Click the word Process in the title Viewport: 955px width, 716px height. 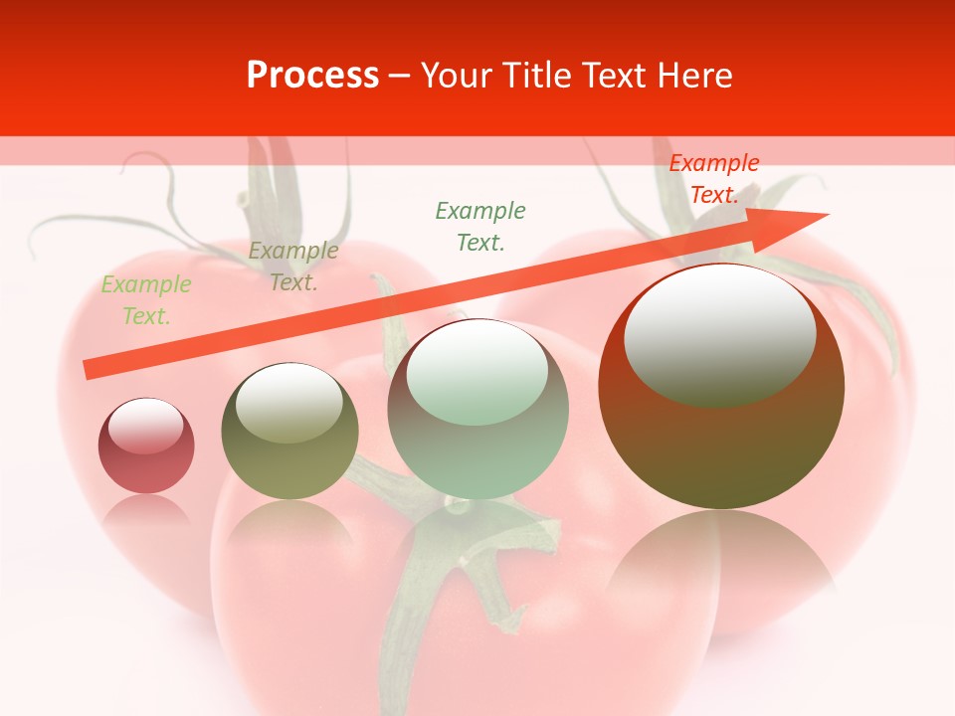[x=312, y=76]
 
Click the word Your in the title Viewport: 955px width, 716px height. [x=458, y=76]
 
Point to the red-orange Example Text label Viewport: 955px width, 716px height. [x=713, y=179]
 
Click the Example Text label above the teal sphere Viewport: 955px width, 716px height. [x=480, y=226]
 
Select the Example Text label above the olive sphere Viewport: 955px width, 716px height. [x=292, y=267]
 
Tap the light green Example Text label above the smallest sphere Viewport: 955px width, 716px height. [x=146, y=300]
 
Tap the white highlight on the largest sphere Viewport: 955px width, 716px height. [x=719, y=334]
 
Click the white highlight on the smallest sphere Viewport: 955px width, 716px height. [x=146, y=427]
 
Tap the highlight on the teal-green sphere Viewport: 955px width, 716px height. [x=477, y=373]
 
